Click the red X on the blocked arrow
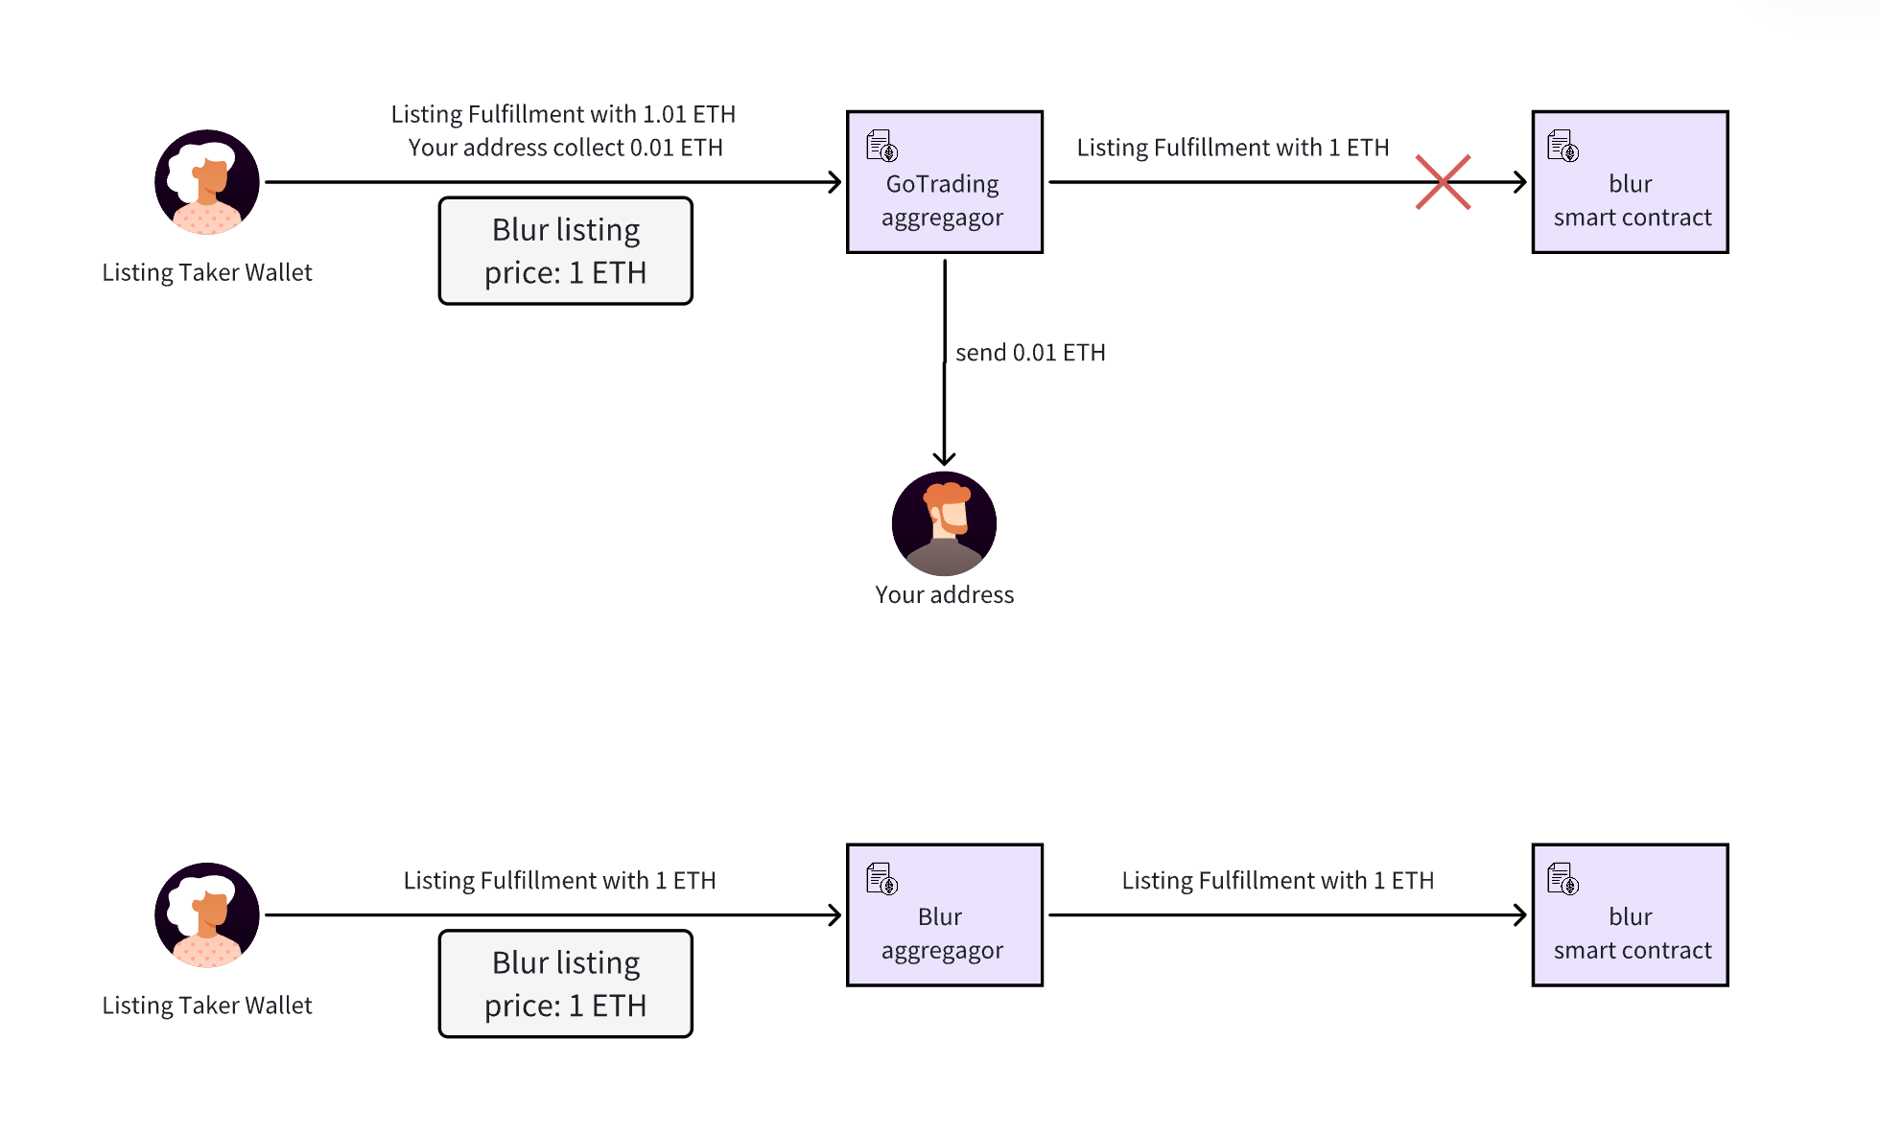click(x=1443, y=182)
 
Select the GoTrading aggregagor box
click(x=944, y=182)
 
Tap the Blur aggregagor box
click(x=944, y=915)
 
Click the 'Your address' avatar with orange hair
click(x=944, y=523)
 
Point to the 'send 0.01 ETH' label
click(x=1030, y=353)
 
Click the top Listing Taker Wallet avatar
click(x=207, y=182)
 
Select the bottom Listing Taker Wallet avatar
click(x=207, y=915)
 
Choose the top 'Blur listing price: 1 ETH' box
click(x=566, y=251)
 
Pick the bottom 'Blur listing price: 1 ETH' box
click(x=566, y=984)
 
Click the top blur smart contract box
click(x=1630, y=182)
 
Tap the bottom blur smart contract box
click(x=1630, y=915)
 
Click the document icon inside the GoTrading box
click(x=881, y=147)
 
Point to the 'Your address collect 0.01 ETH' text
click(x=565, y=148)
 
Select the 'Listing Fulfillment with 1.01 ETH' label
click(x=563, y=114)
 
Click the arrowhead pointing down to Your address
click(x=944, y=458)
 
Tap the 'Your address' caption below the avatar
click(x=944, y=595)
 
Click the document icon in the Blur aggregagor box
click(x=881, y=879)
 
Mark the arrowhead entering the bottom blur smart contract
click(x=1519, y=915)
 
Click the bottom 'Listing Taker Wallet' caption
click(x=207, y=1006)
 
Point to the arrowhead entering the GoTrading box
click(x=834, y=182)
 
